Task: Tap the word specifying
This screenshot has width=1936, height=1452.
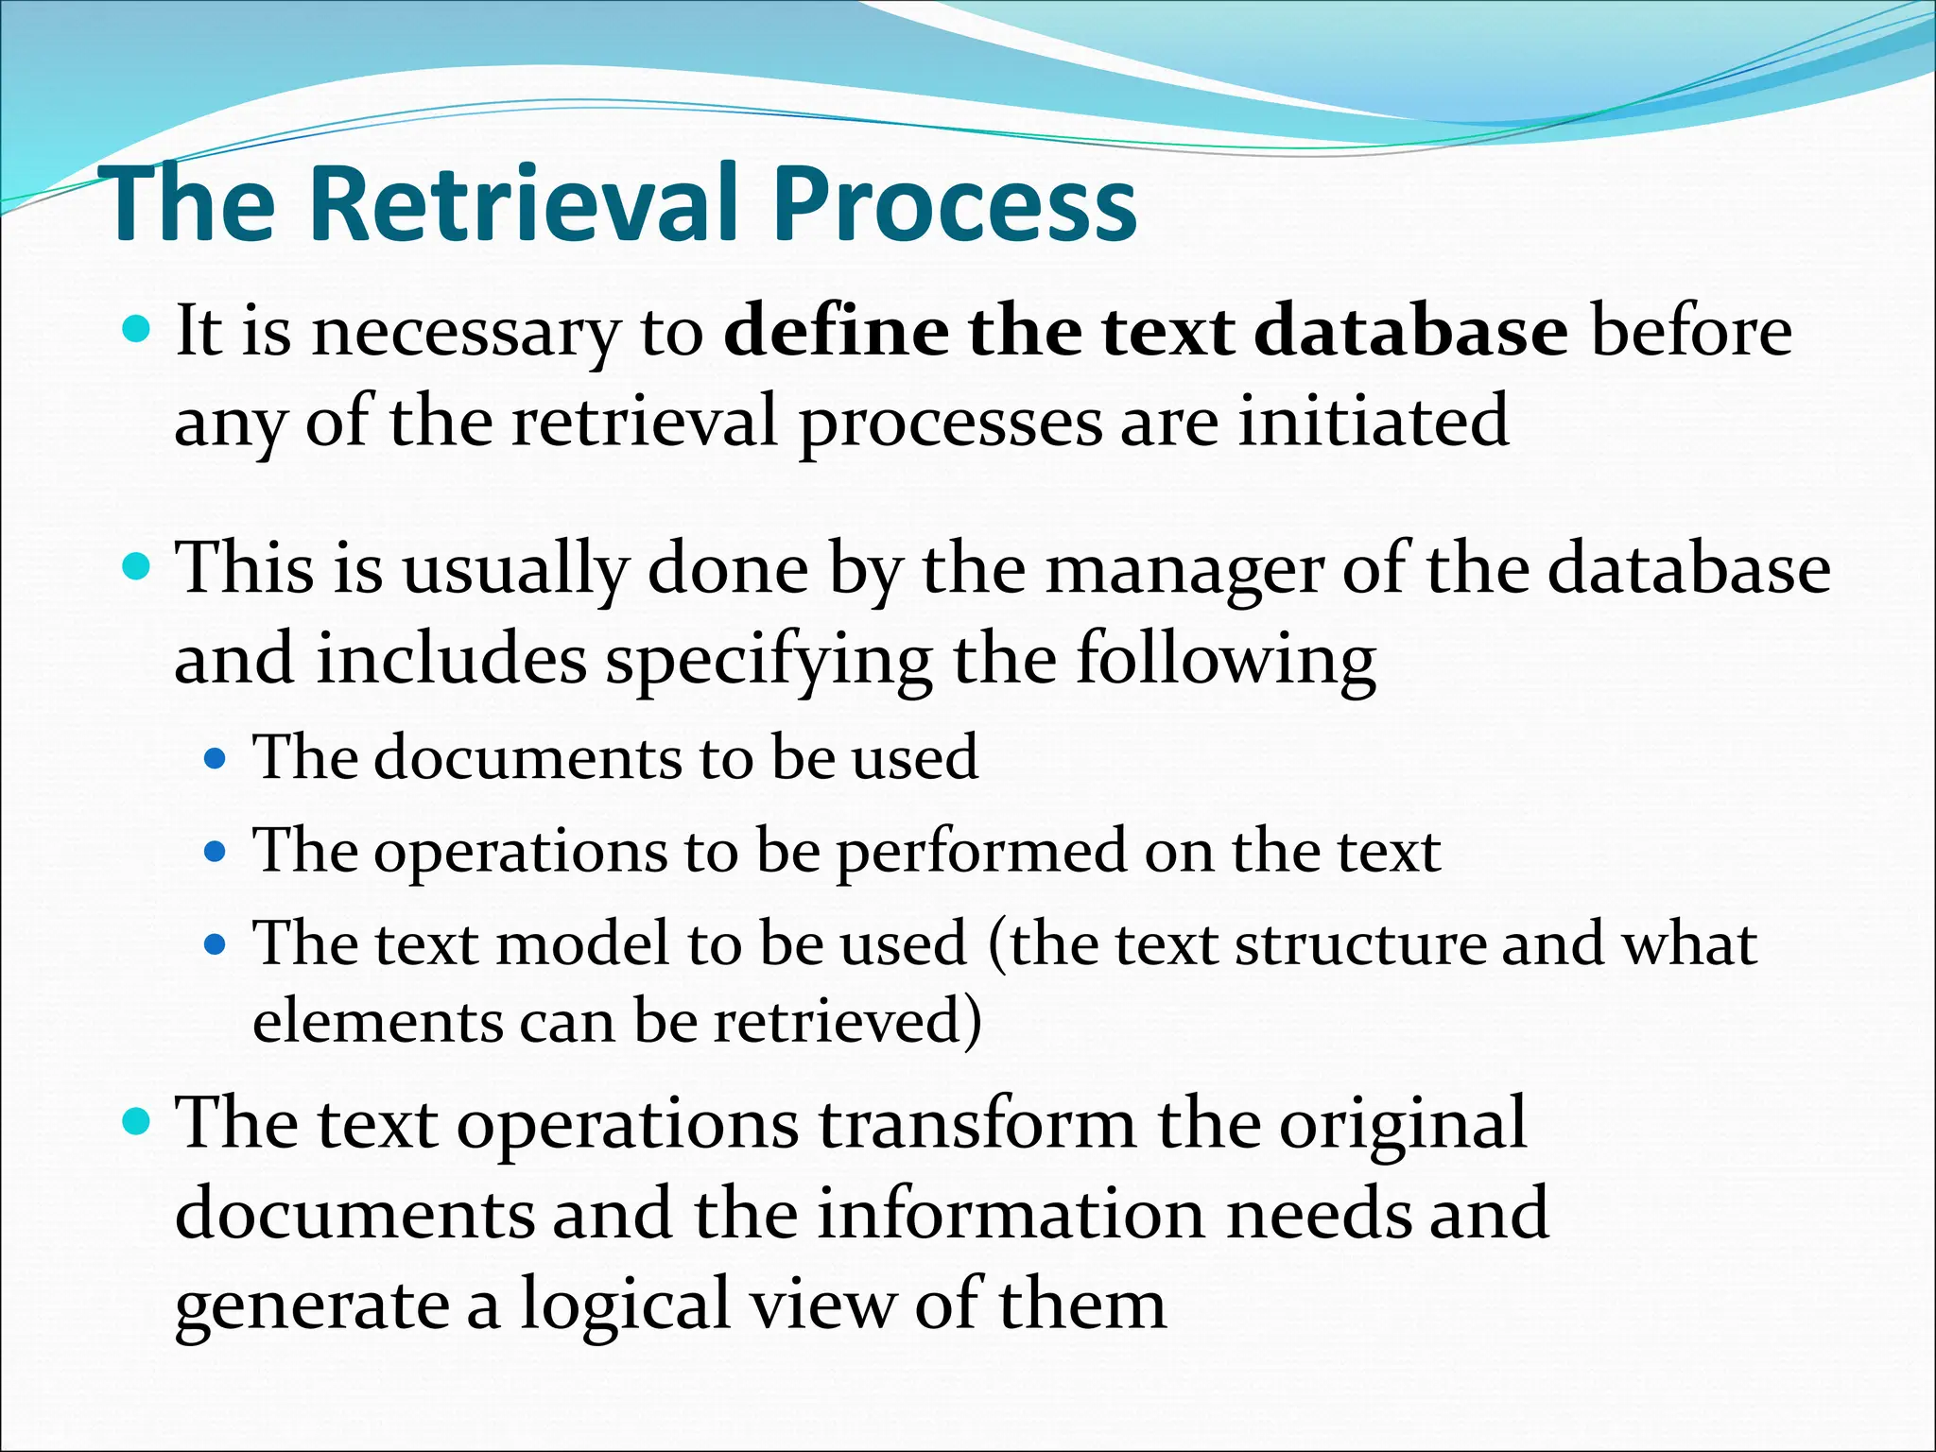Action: pos(769,660)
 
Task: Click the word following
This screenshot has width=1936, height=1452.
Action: pos(1225,660)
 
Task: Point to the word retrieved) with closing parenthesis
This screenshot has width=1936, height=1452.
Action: pos(847,1021)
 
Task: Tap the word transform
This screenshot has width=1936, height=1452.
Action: pos(977,1123)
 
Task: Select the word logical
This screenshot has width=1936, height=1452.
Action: pos(625,1304)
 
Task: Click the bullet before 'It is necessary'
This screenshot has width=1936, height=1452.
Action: pos(137,330)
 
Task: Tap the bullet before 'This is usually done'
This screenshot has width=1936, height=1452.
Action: pos(137,567)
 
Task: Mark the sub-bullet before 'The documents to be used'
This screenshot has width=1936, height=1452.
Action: pos(216,758)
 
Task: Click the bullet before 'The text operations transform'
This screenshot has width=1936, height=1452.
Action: pos(137,1122)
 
